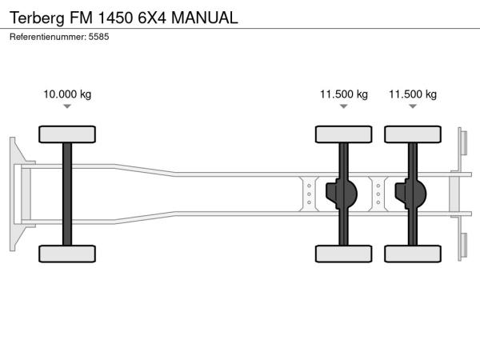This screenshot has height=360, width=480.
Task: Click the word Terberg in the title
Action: pos(37,18)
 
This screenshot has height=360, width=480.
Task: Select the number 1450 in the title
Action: pos(115,18)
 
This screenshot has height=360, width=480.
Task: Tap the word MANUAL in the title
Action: pos(205,18)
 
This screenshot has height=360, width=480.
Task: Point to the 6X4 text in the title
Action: pos(152,18)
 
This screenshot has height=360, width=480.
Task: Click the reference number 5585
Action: pos(99,37)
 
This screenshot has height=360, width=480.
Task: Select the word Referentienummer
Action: pos(48,37)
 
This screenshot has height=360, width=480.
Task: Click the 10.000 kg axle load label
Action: pos(67,94)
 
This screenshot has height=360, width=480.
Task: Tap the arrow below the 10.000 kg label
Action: pos(67,106)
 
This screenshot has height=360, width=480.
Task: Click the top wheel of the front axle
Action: pos(67,134)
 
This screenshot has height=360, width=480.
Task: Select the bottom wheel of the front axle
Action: pos(67,254)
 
